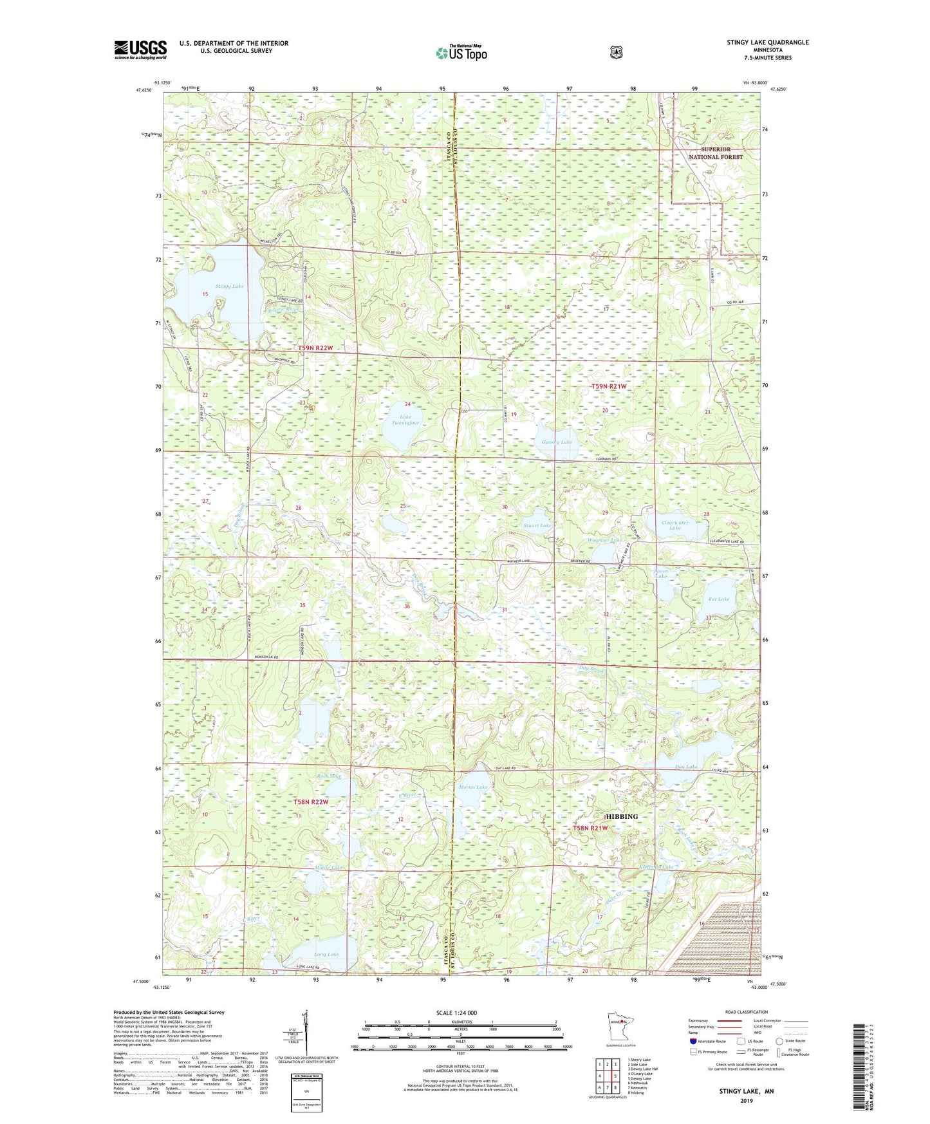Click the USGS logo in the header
pos(140,49)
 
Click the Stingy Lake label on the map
pos(230,286)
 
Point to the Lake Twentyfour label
pos(405,420)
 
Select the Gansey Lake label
pos(557,442)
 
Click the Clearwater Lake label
pos(674,525)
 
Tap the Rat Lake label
pos(719,599)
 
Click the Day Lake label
pos(686,767)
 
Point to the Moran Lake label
pos(473,787)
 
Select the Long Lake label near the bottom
pos(326,954)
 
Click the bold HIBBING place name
pos(622,816)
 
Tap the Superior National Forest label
pos(716,153)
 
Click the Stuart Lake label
pos(537,525)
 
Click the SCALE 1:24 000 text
pos(456,1013)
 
